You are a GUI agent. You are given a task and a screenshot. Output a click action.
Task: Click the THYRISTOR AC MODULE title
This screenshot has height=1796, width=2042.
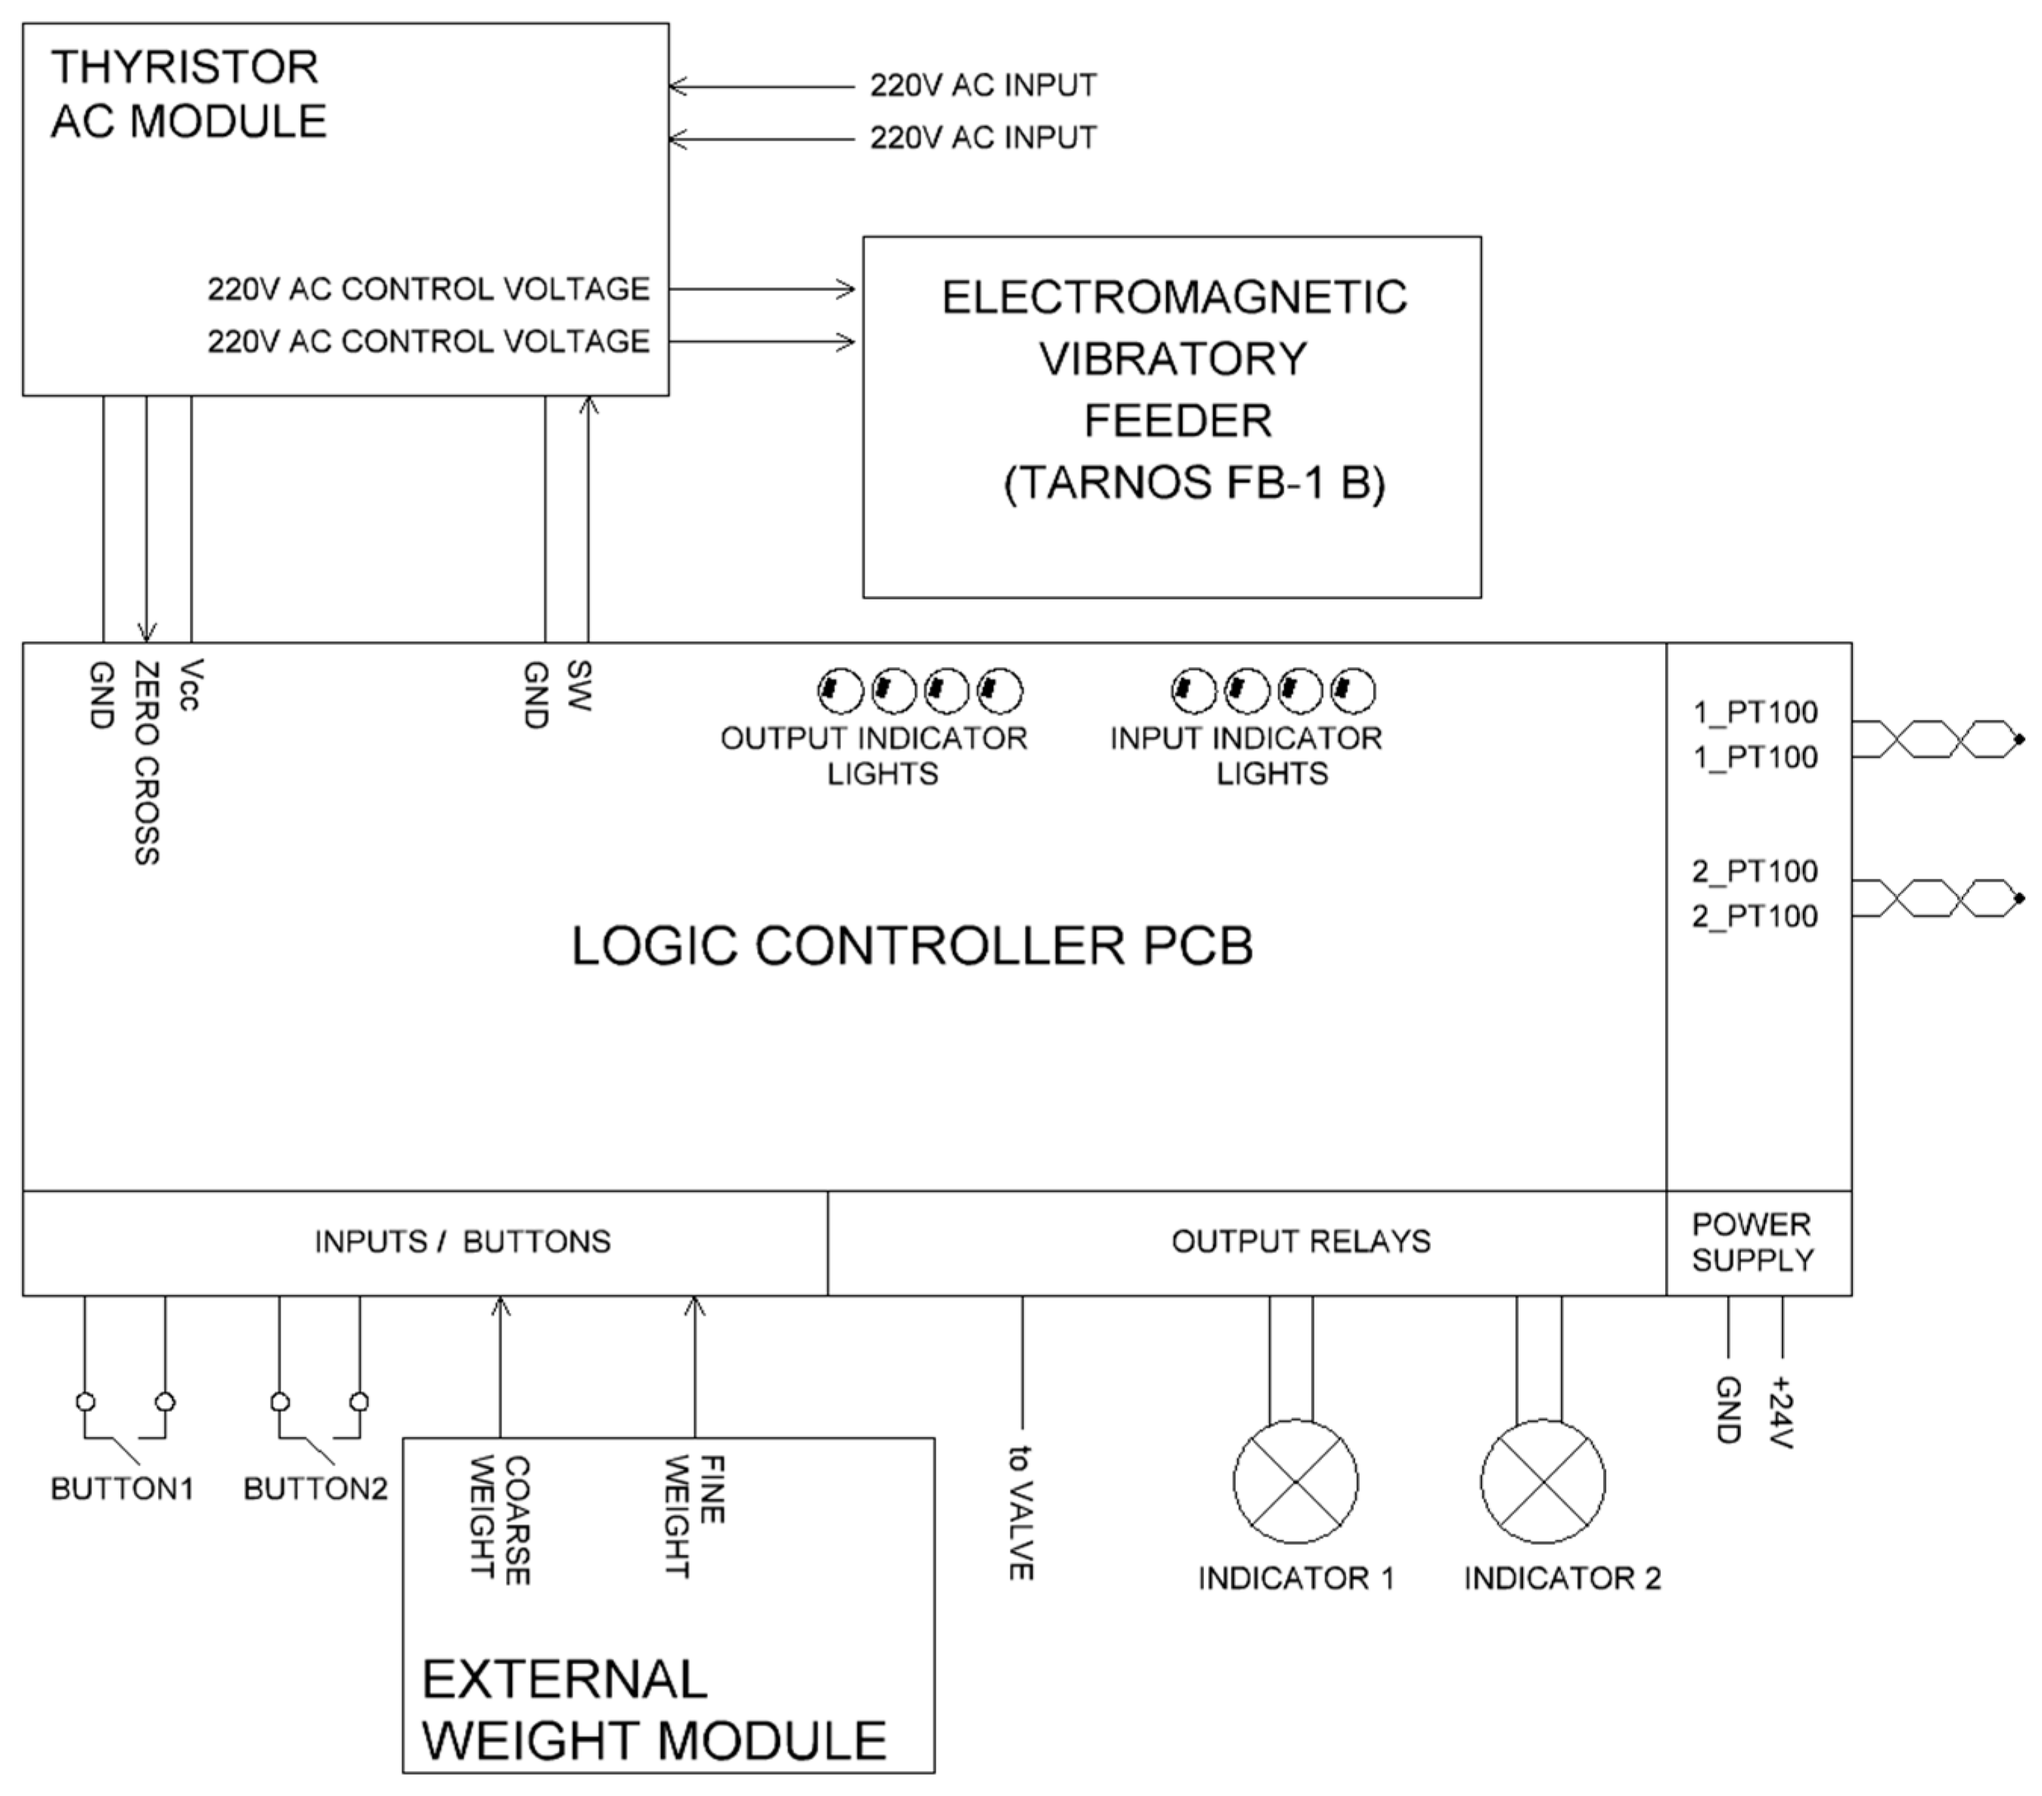pos(188,94)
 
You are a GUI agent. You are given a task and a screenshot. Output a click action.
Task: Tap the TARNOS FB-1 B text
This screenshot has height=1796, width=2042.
pos(1194,482)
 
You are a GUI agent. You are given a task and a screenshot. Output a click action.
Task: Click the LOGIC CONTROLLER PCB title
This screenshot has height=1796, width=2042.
pos(911,945)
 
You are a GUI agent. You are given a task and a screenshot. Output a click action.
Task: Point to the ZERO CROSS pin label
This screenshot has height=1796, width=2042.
pos(147,762)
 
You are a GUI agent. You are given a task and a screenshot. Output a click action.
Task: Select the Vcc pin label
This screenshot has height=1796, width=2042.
pos(190,685)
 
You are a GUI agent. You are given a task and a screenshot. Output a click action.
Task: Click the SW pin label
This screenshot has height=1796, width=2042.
pos(579,685)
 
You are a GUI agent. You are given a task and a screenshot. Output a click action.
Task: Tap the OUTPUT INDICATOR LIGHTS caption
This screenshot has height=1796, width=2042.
pos(874,755)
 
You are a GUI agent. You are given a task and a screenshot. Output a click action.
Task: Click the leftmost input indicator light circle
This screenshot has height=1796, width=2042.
pos(1193,690)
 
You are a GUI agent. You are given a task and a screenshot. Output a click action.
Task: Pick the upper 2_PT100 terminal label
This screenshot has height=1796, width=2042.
pos(1755,871)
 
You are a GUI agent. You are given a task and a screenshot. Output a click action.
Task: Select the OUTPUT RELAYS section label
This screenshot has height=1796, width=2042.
pos(1300,1242)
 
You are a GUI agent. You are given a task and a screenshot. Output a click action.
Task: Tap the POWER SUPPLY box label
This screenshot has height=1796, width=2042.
pos(1752,1242)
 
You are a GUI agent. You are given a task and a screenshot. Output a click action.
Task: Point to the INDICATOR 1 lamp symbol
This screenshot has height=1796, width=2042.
pos(1295,1482)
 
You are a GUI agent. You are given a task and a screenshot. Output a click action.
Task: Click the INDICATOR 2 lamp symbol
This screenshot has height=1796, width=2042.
pos(1543,1482)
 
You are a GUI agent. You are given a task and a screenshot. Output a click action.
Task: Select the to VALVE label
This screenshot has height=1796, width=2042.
pos(1020,1512)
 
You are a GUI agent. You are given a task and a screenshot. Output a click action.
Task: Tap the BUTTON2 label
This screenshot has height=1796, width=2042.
pos(315,1489)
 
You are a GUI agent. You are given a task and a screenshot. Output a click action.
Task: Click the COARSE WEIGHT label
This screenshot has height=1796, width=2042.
pos(499,1519)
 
